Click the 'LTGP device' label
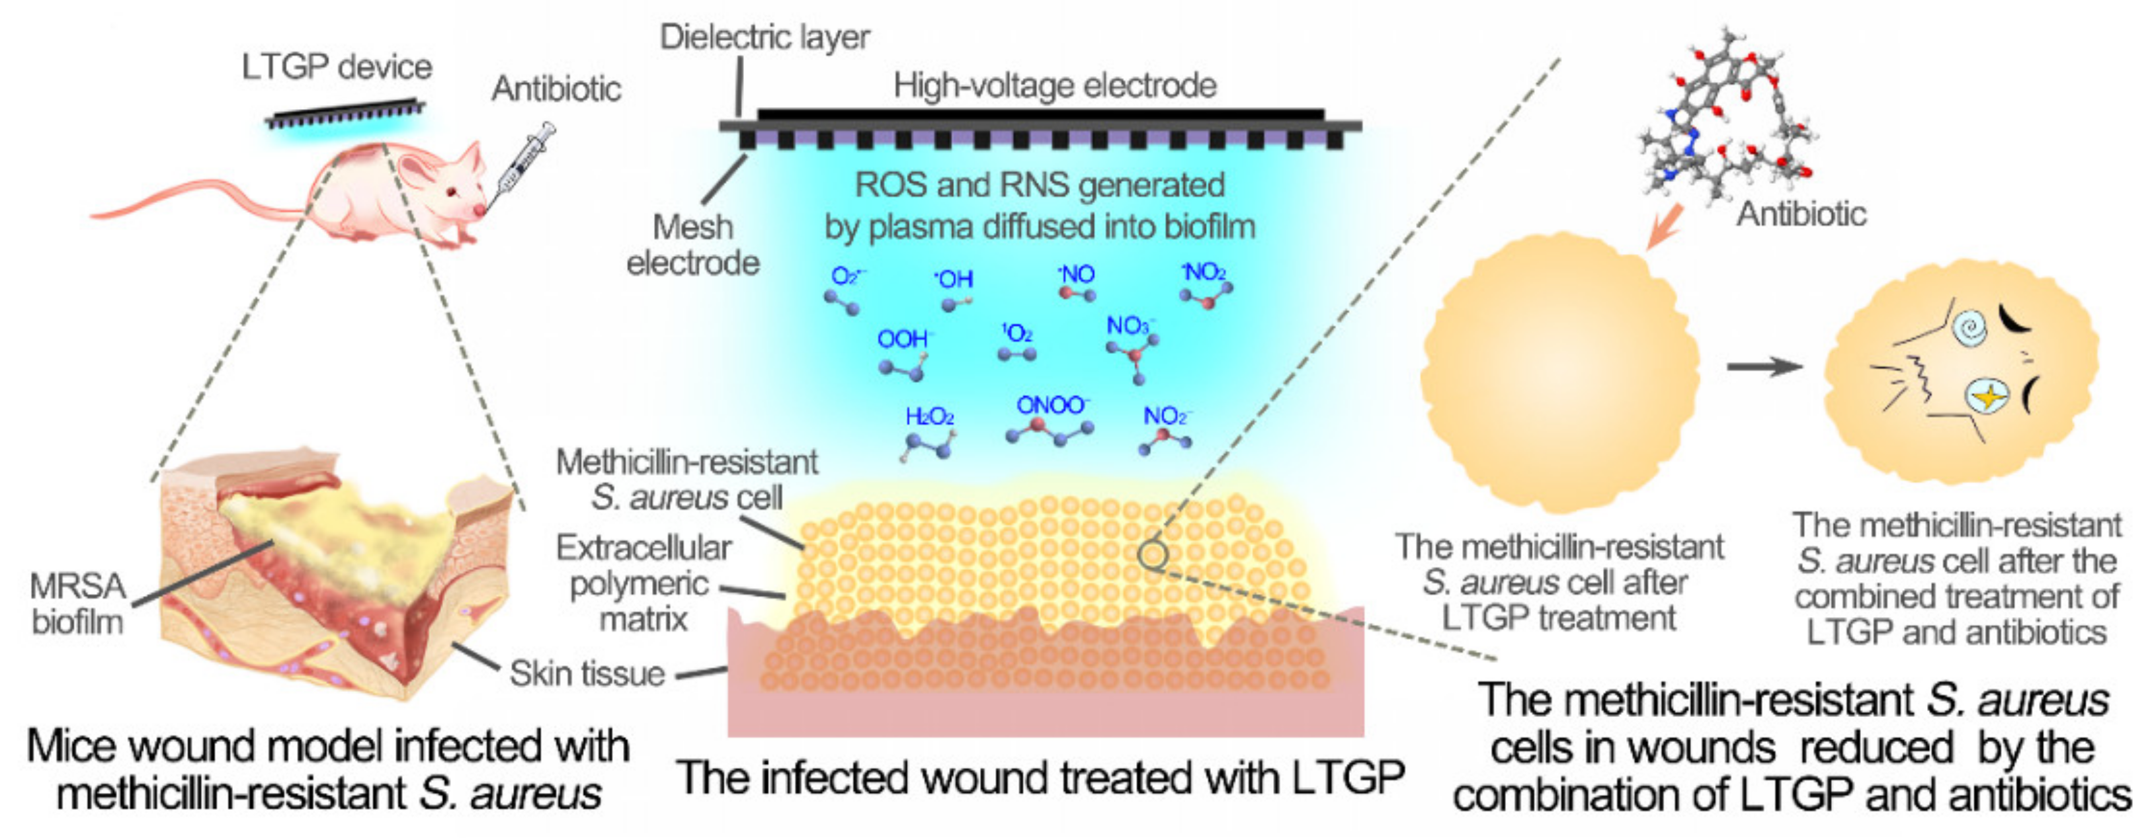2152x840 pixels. [337, 67]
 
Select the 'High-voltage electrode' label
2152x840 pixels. [1055, 85]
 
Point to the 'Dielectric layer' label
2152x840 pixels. [765, 37]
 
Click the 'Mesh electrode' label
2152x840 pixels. [693, 245]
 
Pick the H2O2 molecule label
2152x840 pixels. [929, 416]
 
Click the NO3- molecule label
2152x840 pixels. [1131, 325]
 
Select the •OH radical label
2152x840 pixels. [953, 278]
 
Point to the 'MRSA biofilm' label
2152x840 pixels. [77, 603]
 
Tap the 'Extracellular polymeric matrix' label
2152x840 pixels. [644, 583]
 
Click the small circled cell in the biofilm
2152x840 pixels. [1152, 554]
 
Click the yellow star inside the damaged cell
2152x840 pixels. [1989, 394]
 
